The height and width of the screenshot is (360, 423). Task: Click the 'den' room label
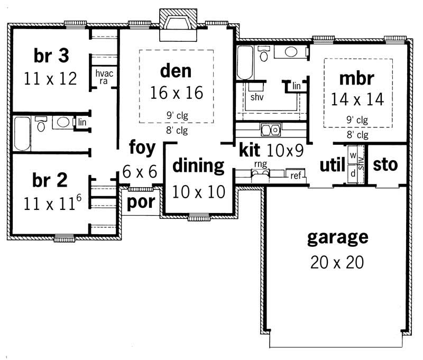(x=176, y=70)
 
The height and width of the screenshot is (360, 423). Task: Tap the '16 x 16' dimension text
(x=176, y=93)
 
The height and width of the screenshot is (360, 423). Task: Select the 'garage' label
(x=337, y=237)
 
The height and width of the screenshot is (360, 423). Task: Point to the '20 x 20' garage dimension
(x=337, y=262)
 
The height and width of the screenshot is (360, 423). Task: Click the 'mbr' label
(x=357, y=78)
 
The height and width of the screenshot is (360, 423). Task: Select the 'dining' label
(x=199, y=165)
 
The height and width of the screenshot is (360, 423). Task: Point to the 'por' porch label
(x=140, y=204)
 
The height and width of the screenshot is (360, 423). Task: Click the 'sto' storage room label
(x=385, y=164)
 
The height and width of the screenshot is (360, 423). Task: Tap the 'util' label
(x=332, y=165)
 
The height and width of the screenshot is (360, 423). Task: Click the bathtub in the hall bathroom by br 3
(x=22, y=133)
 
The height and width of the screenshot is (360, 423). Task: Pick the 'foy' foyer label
(x=142, y=147)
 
